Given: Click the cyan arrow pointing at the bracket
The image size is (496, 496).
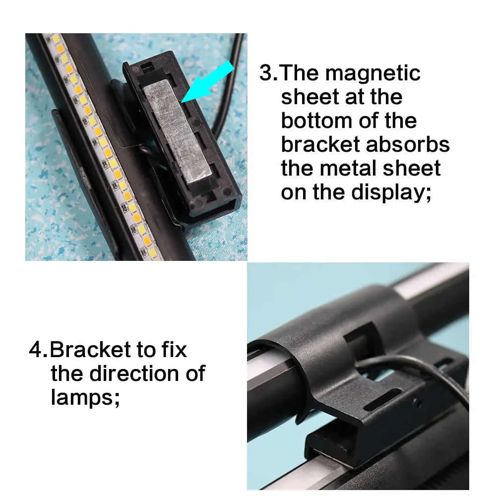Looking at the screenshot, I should coord(208,82).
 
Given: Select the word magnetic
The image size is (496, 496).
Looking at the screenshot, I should coord(372,73).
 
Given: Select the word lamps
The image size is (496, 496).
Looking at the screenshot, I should coord(82,397).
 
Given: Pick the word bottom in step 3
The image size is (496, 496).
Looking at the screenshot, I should coord(317,121).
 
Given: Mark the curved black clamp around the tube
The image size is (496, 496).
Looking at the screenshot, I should coord(298,347).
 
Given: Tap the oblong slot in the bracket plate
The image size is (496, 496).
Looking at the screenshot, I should coord(382,402).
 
